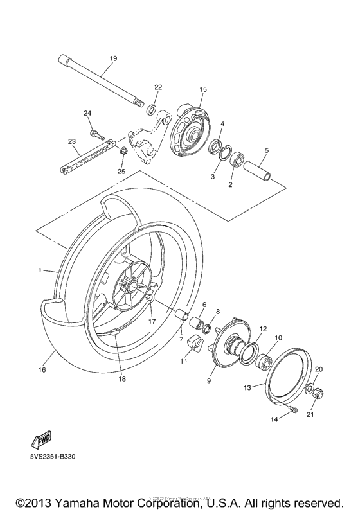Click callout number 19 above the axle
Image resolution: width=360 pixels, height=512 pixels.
pos(113,58)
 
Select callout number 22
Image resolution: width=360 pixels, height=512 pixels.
pos(158,87)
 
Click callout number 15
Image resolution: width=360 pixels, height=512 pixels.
pos(203,89)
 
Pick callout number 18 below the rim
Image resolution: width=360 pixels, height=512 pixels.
pos(122,378)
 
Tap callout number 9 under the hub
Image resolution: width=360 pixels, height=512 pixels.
pos(210,381)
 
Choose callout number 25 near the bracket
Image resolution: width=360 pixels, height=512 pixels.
pos(121,171)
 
